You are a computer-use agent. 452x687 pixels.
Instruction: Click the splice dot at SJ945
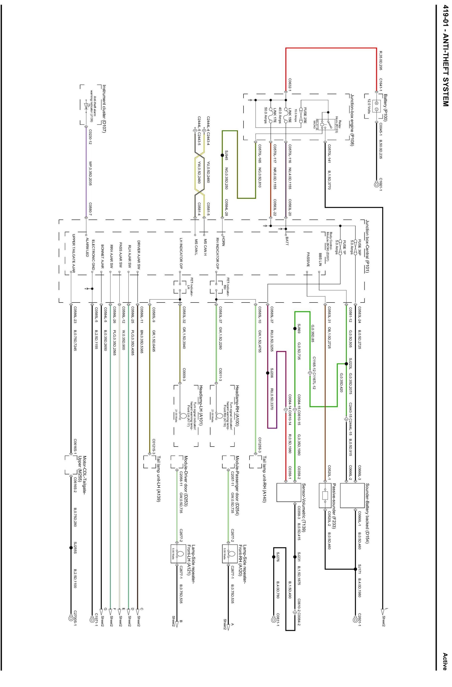coord(222,155)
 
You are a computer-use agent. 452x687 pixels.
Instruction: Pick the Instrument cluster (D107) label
coord(104,109)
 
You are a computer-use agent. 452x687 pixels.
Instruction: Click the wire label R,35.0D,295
coord(381,61)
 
